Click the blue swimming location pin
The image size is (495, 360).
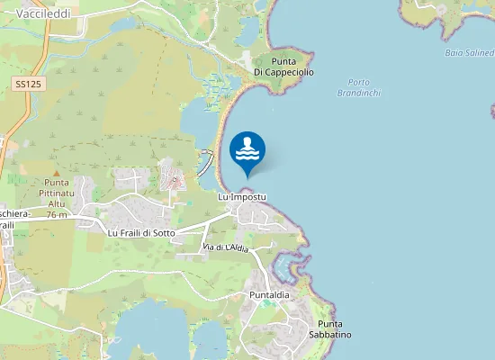[247, 150]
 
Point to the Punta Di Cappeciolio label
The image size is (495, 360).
[283, 66]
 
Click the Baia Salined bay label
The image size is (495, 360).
[469, 52]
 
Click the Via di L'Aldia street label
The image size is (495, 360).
[224, 247]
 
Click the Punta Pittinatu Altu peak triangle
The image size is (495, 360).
[56, 172]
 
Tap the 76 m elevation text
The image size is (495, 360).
[57, 215]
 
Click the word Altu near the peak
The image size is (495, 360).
[57, 204]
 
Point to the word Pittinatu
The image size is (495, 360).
[57, 193]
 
